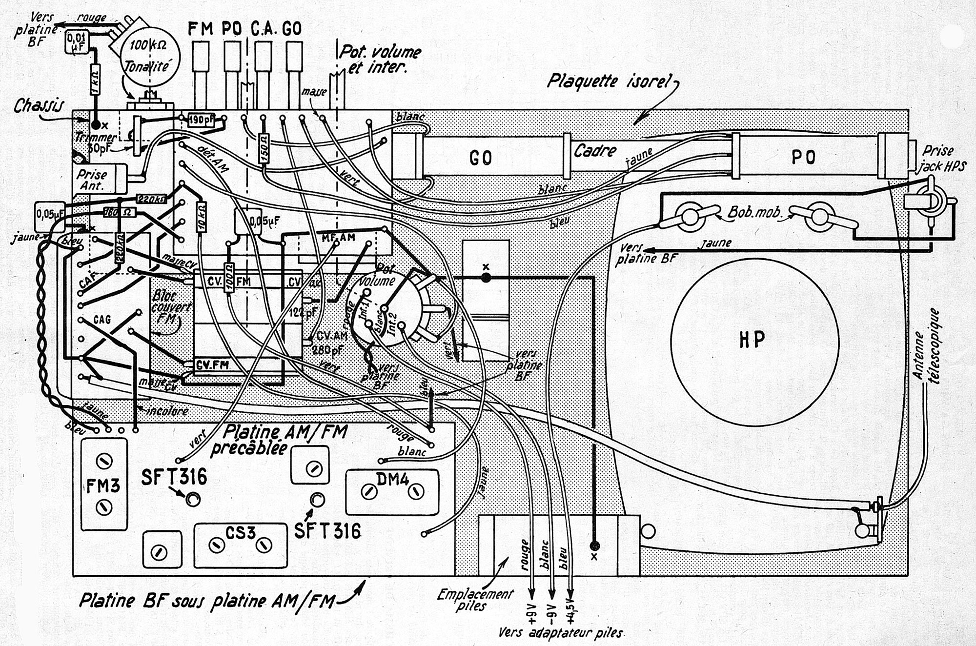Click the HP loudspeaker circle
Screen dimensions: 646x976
click(x=754, y=339)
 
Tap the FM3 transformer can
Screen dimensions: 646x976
click(x=104, y=484)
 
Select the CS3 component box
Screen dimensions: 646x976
click(x=240, y=545)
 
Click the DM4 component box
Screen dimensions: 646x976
click(x=392, y=491)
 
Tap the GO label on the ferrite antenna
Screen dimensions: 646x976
click(x=480, y=157)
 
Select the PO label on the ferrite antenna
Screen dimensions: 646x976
click(x=803, y=157)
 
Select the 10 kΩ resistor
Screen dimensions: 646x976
click(x=201, y=215)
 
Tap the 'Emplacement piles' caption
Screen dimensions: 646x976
click(x=474, y=600)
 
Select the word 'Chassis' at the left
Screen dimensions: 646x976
click(x=38, y=106)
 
